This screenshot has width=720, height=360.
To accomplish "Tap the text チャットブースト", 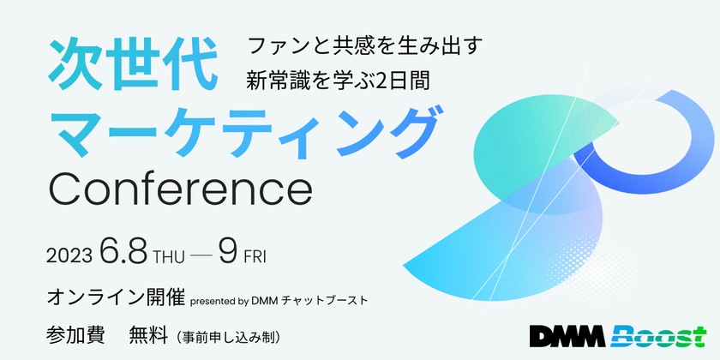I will pos(327,301).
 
